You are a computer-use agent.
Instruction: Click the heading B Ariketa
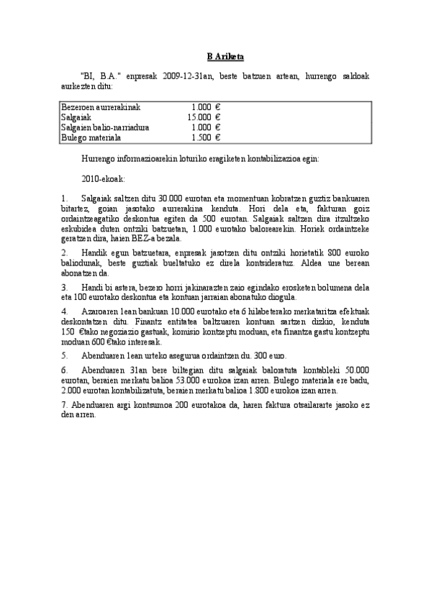215,57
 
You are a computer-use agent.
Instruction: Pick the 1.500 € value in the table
206,137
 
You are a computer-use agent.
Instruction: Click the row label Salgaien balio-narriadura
105,127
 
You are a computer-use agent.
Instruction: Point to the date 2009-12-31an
185,75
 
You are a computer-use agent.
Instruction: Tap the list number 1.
65,197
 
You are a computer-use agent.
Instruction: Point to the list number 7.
64,406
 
